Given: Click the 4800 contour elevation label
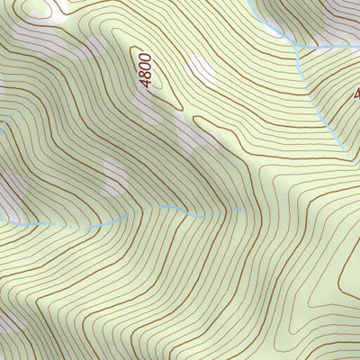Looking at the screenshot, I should [147, 70].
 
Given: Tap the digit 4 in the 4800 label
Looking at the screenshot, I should [147, 83].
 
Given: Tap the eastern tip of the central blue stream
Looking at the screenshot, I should [241, 209].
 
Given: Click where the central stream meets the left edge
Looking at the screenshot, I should [2, 219].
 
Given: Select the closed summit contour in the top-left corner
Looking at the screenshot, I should [40, 7].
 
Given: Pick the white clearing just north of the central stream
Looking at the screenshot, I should [112, 175].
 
